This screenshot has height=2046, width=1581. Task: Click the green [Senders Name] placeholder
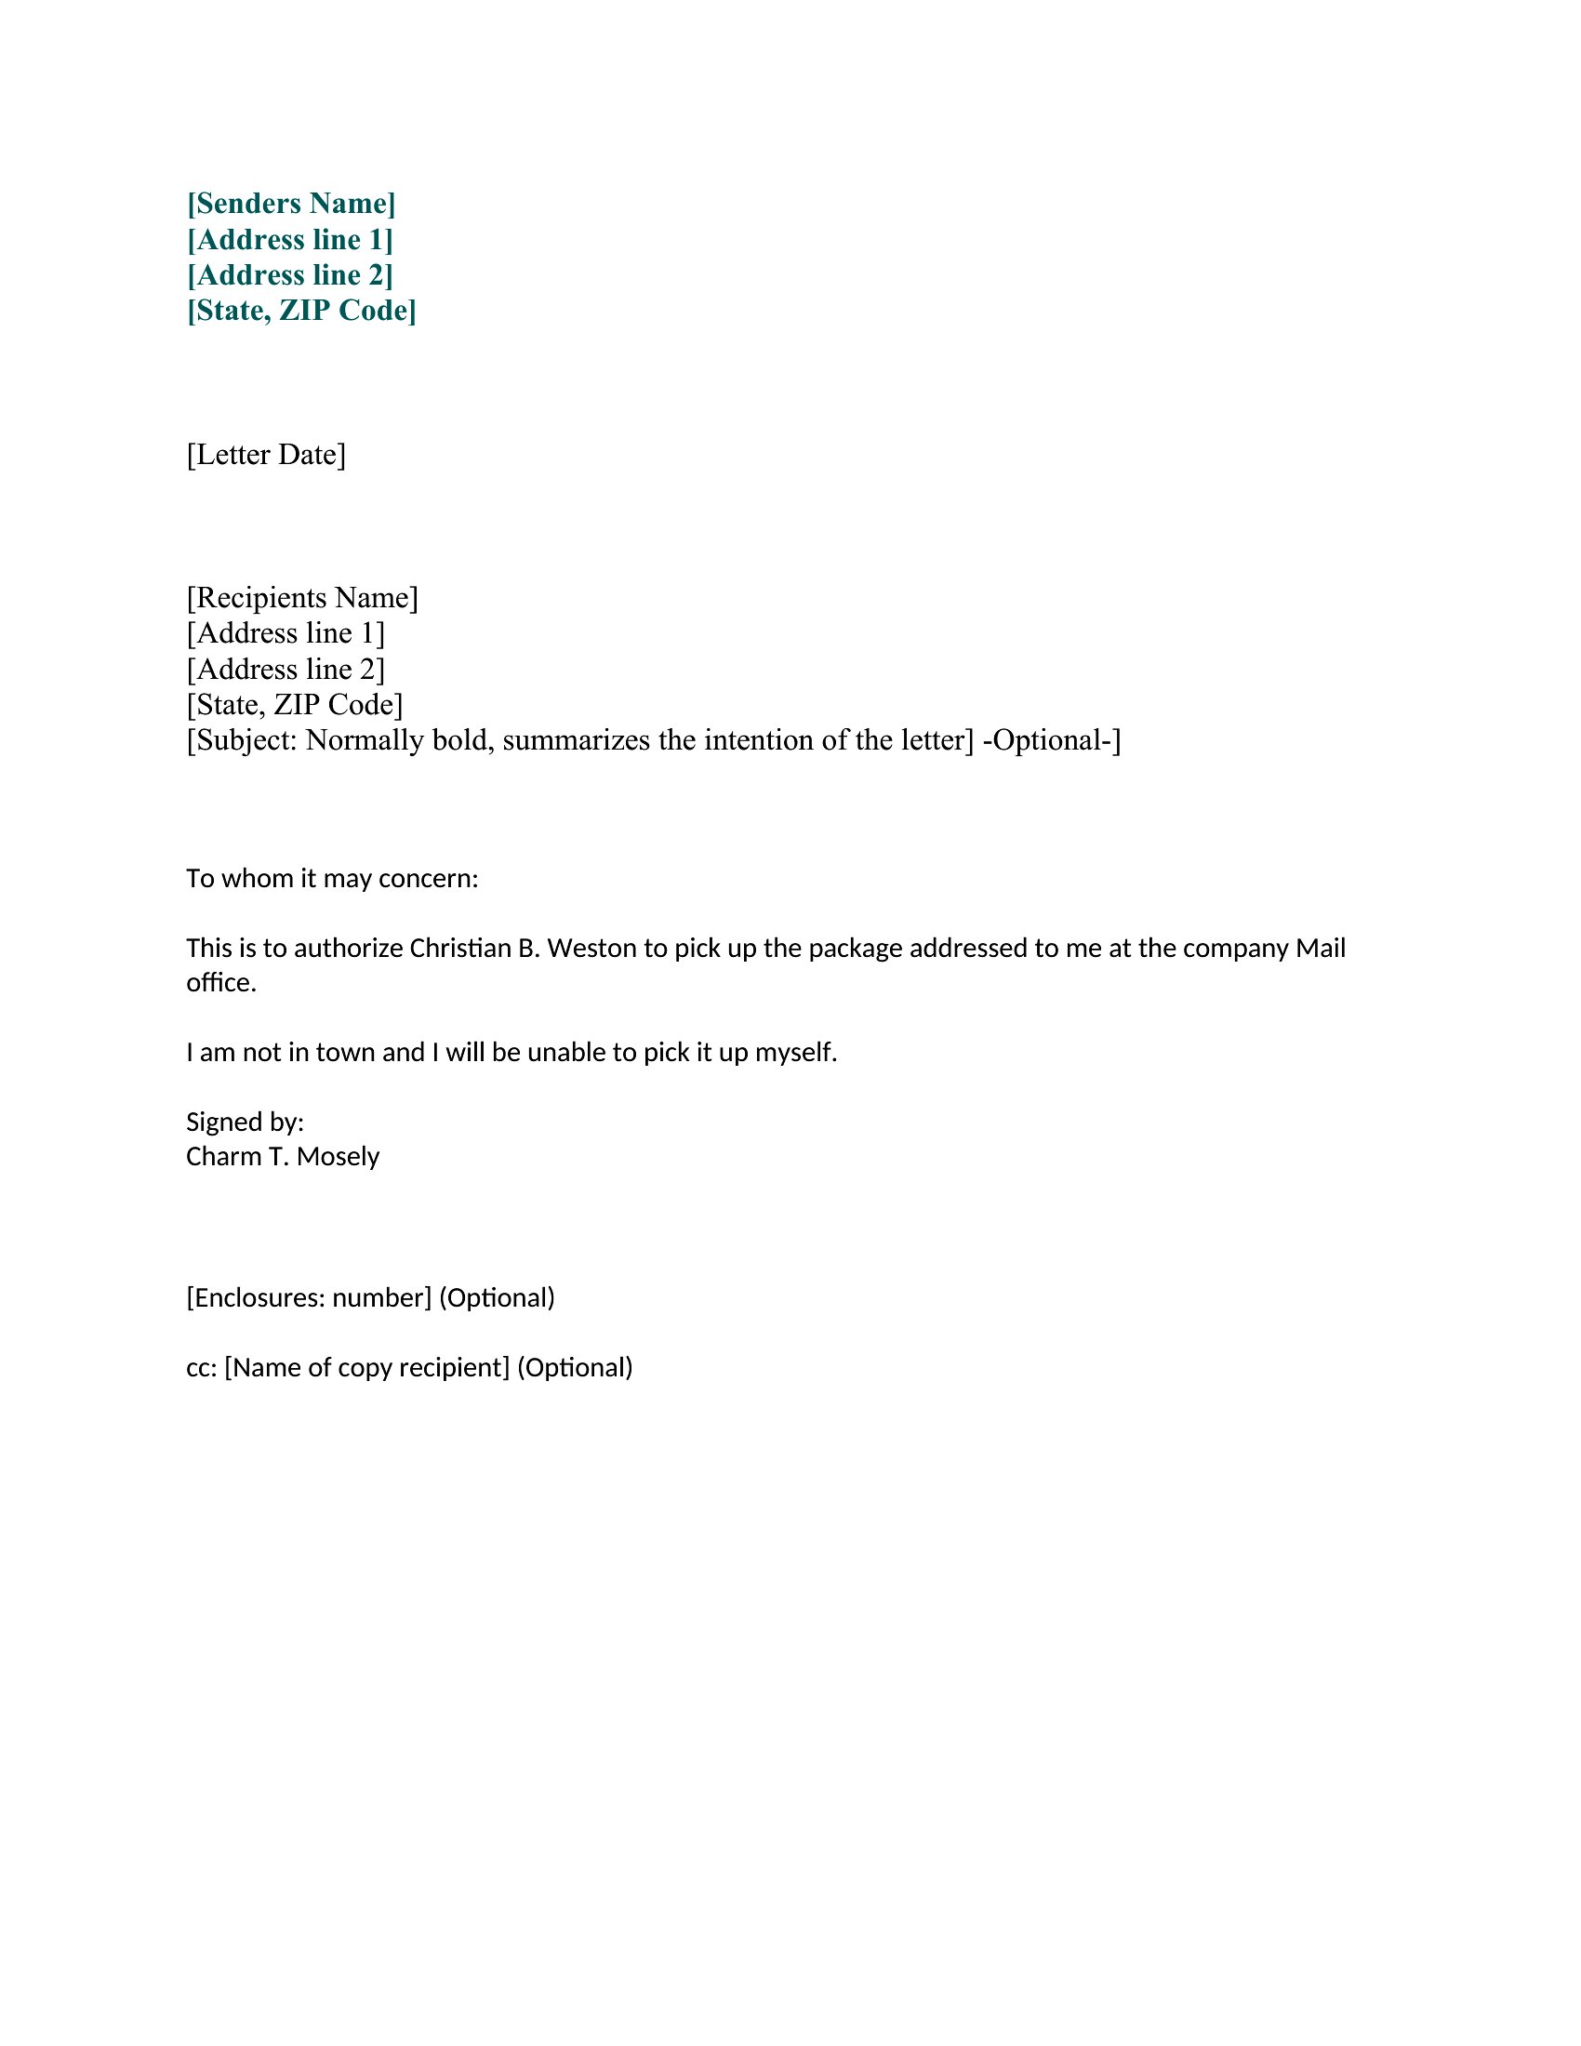291,204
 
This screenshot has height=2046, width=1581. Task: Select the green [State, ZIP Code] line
301,310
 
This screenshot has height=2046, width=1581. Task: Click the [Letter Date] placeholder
266,455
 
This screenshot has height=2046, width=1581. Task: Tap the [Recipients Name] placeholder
301,598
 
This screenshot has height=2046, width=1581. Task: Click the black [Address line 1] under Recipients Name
286,633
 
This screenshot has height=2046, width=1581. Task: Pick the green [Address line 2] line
290,274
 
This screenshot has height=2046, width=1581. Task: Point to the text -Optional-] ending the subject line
1051,740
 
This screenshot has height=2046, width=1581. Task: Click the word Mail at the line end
1320,948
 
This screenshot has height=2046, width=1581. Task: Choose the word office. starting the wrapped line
221,983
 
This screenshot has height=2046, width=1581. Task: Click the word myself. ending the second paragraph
796,1053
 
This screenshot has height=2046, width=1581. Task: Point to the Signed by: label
245,1123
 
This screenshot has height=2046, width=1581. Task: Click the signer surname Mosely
339,1157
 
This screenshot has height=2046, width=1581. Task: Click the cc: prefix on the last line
202,1368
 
